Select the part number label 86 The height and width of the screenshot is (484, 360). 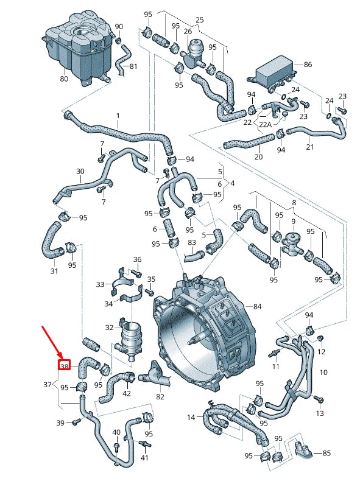click(x=307, y=64)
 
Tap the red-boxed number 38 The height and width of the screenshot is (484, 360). click(x=65, y=366)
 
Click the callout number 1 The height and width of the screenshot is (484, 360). click(x=118, y=116)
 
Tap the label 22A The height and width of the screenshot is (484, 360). click(x=265, y=124)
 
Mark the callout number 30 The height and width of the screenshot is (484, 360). click(x=80, y=172)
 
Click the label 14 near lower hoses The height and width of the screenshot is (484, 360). click(x=191, y=417)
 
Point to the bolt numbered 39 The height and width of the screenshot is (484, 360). click(x=76, y=422)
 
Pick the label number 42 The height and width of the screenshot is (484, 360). click(x=127, y=393)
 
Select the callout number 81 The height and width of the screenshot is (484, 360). click(x=133, y=66)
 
